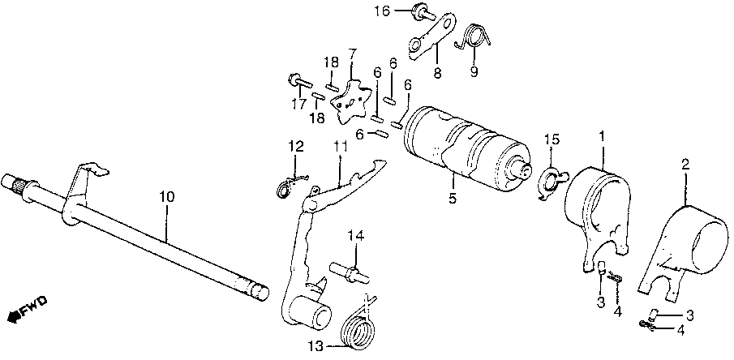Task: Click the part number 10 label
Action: (166, 197)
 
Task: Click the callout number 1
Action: (601, 135)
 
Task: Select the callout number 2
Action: (685, 165)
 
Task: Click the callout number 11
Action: (339, 146)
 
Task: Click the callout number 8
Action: (437, 72)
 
